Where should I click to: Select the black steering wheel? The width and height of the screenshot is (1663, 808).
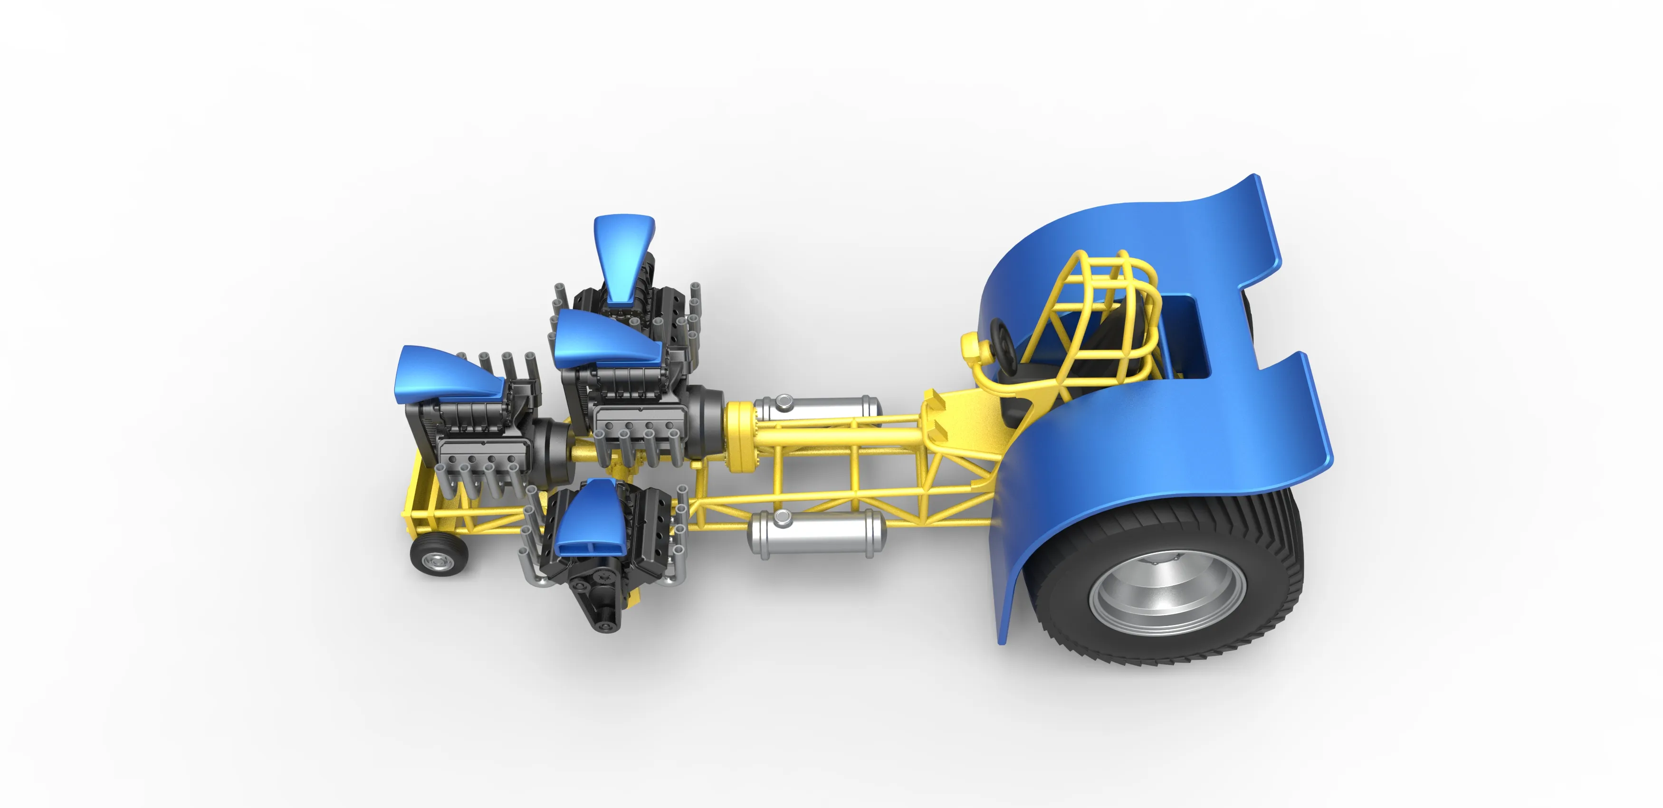[1003, 342]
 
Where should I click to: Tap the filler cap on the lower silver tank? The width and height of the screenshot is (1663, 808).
[782, 517]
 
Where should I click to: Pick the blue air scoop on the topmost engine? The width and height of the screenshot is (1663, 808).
[623, 255]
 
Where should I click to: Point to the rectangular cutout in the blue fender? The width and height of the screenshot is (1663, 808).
[1185, 335]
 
